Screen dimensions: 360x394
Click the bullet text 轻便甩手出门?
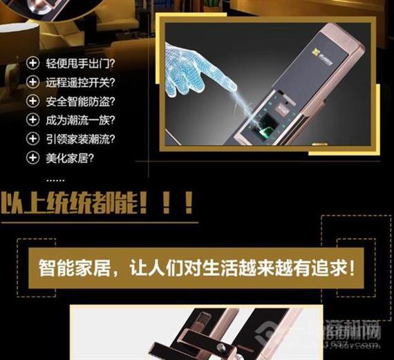click(79, 64)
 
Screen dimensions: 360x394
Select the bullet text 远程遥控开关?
click(79, 83)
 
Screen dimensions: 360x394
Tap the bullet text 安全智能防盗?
click(79, 102)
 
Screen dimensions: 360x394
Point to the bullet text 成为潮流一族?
click(79, 120)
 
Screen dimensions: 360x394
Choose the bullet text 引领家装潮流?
click(79, 138)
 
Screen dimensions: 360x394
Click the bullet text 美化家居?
click(69, 157)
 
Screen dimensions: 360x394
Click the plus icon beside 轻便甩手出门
click(32, 64)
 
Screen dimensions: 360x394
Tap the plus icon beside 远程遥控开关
click(32, 83)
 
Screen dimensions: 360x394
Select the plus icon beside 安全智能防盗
click(32, 102)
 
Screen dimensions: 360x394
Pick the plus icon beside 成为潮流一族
click(32, 120)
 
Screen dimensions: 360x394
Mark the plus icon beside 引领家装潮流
click(32, 138)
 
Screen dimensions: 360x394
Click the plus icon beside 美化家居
click(32, 157)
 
